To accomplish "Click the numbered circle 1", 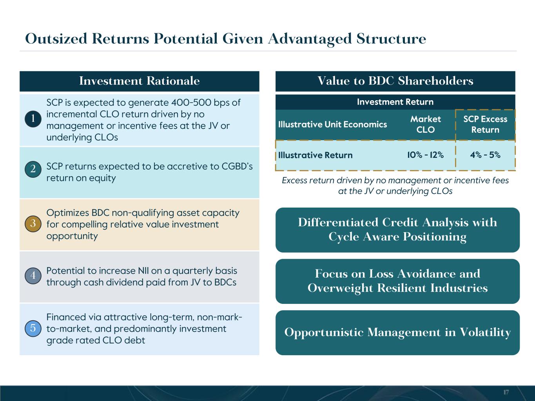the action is click(x=33, y=119).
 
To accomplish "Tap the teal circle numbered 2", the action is click(x=33, y=169).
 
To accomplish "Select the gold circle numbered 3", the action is click(x=33, y=224).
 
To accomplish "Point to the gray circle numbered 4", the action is click(x=33, y=276).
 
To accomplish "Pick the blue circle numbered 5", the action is click(x=33, y=328).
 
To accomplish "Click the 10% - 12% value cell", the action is click(x=425, y=155).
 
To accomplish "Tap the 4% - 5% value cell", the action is click(x=485, y=155).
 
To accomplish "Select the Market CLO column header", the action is click(x=426, y=125).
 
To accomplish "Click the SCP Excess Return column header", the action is click(x=485, y=125).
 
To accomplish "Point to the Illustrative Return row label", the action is click(x=315, y=155).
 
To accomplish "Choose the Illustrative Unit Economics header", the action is click(x=332, y=125).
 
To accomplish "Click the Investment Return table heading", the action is click(x=395, y=102).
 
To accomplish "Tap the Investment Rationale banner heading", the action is click(x=140, y=81).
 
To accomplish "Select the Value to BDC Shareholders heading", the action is click(x=395, y=81).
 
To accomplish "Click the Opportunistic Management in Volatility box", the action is click(x=397, y=332).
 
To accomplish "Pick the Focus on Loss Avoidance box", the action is click(x=397, y=281).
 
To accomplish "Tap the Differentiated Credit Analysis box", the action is click(x=397, y=230).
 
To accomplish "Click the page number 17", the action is click(x=506, y=392).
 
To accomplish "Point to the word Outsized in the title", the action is click(x=56, y=39).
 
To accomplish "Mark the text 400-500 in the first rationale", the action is click(x=191, y=103).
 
